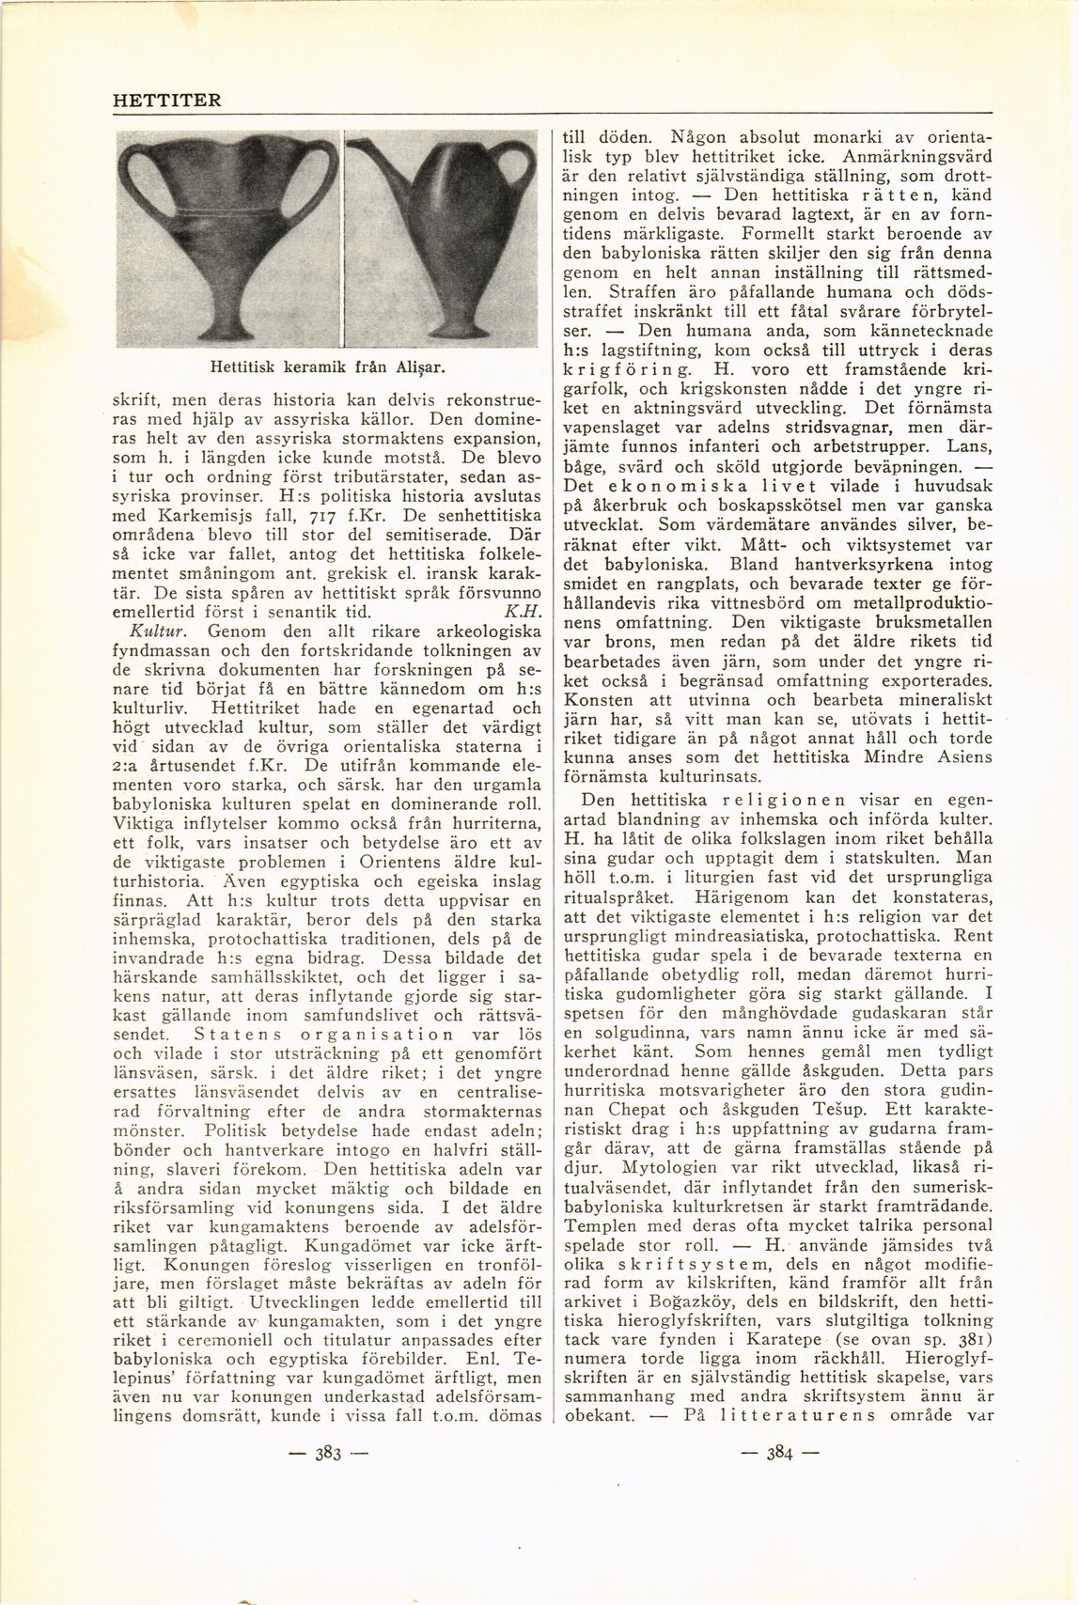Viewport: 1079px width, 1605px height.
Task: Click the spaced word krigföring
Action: (623, 369)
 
